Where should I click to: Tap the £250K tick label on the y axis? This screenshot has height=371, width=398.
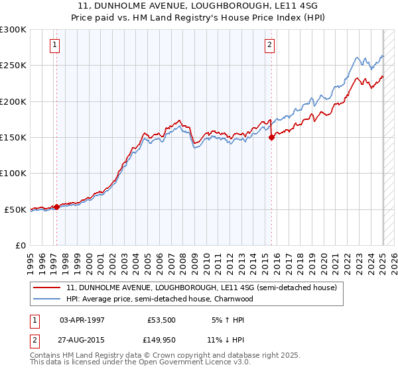point(13,66)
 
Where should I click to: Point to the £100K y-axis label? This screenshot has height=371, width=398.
point(13,174)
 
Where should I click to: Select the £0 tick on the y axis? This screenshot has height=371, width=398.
point(21,245)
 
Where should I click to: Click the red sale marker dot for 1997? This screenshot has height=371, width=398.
point(56,207)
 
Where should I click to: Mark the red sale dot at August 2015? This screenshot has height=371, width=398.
point(271,138)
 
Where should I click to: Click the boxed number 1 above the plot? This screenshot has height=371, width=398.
point(54,45)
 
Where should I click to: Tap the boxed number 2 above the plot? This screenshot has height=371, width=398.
point(270,45)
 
